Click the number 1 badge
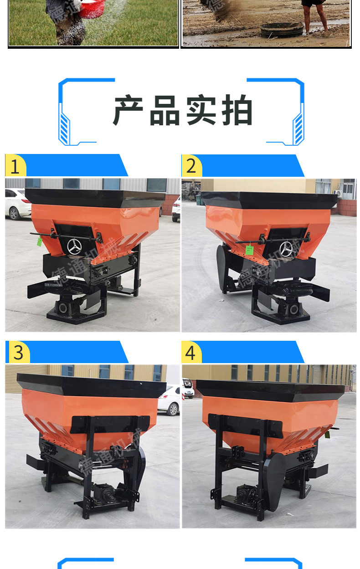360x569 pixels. (15, 165)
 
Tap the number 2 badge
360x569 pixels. (191, 166)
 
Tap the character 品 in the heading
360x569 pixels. (165, 111)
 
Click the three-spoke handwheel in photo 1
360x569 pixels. (74, 246)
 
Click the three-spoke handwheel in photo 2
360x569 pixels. (286, 248)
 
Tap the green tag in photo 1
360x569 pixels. (39, 241)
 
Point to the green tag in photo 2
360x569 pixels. (249, 250)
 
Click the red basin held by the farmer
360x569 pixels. (92, 9)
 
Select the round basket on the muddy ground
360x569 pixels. (282, 30)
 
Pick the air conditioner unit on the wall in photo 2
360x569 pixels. (337, 194)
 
